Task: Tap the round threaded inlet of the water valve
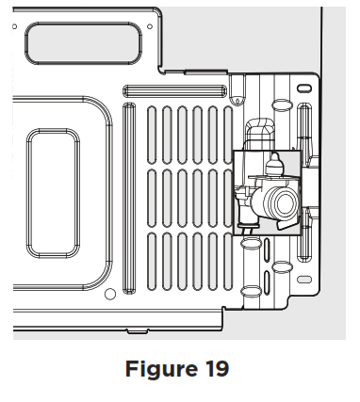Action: coord(281,201)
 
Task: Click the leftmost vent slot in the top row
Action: coord(153,132)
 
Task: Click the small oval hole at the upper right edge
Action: coord(304,88)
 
